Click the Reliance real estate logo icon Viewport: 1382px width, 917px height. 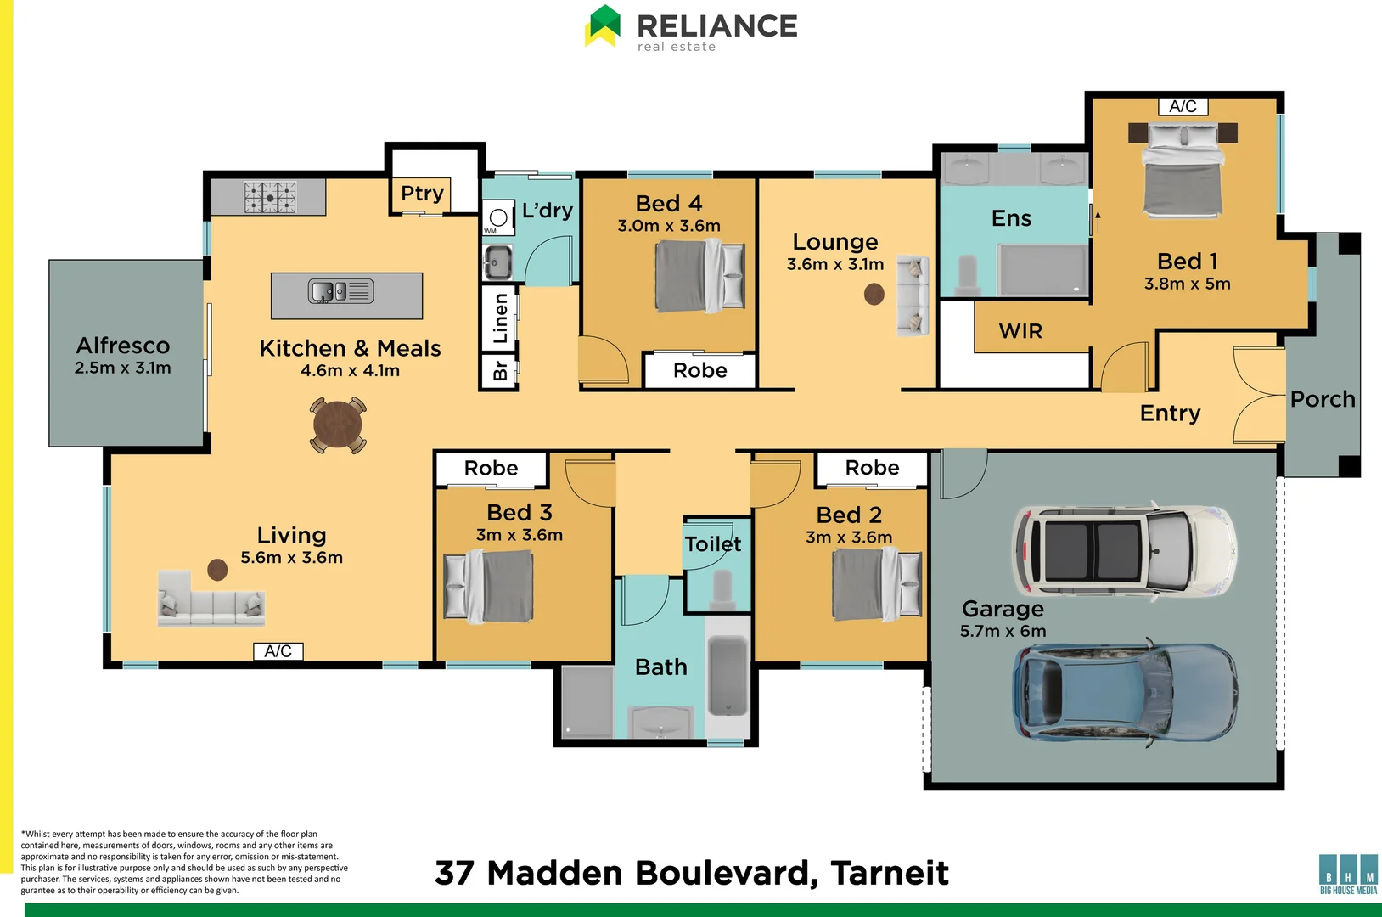pyautogui.click(x=602, y=26)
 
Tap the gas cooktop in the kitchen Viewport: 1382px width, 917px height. pyautogui.click(x=270, y=198)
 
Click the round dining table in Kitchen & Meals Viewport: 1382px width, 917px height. pyautogui.click(x=338, y=425)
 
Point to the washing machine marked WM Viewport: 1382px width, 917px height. pyautogui.click(x=498, y=217)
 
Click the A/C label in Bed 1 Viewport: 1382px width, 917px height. pyautogui.click(x=1183, y=107)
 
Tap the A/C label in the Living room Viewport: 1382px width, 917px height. pyautogui.click(x=278, y=651)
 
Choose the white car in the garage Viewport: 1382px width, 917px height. pyautogui.click(x=1124, y=550)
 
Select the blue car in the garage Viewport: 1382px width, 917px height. pyautogui.click(x=1126, y=691)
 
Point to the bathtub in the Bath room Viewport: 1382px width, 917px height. pyautogui.click(x=728, y=677)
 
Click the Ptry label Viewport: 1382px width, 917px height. pyautogui.click(x=422, y=194)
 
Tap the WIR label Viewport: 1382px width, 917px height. pyautogui.click(x=1020, y=331)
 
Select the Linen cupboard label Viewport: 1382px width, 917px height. pyautogui.click(x=500, y=318)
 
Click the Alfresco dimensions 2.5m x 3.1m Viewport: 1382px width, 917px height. pyautogui.click(x=123, y=368)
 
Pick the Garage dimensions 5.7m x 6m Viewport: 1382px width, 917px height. pyautogui.click(x=1003, y=631)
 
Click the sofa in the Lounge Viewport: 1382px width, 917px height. pyautogui.click(x=913, y=295)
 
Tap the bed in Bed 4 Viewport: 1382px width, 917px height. pyautogui.click(x=699, y=276)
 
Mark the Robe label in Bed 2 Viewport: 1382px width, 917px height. pyautogui.click(x=872, y=468)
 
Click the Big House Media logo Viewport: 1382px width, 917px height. pyautogui.click(x=1348, y=875)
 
